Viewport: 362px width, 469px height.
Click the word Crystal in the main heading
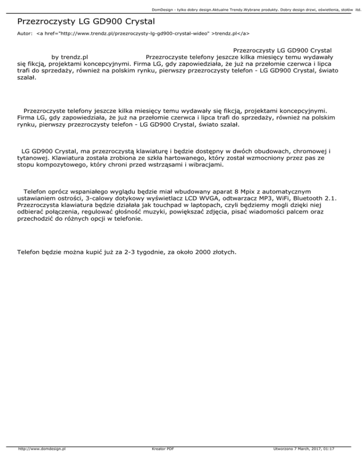click(x=136, y=22)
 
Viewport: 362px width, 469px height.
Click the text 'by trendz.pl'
click(x=70, y=57)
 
